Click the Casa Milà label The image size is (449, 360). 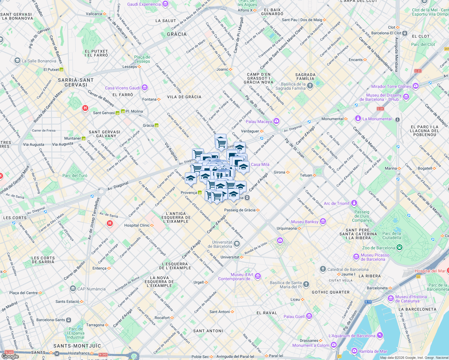pos(260,164)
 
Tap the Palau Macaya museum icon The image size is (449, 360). pos(276,121)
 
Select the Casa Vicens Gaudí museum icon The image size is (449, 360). pos(145,88)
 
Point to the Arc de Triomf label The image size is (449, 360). pos(336,203)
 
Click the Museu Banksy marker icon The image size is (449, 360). pos(323,221)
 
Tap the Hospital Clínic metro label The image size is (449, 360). pos(137,225)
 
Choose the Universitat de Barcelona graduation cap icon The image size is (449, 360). pos(237,244)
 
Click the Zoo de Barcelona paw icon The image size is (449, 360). pos(399,247)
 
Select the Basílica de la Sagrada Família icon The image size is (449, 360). pos(310,86)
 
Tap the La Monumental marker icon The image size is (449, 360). pos(358,118)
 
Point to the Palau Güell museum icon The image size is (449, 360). pos(309,316)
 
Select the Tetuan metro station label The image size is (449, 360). pos(306,175)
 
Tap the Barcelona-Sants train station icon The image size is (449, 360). pos(69,320)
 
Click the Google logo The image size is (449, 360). pos(10,356)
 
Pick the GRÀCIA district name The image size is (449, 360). pos(177,34)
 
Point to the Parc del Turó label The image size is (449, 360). pos(75,175)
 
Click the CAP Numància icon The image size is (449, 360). pos(73,289)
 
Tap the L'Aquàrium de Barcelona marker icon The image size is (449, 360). pos(380,335)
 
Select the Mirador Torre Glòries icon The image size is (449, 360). pos(416,86)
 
